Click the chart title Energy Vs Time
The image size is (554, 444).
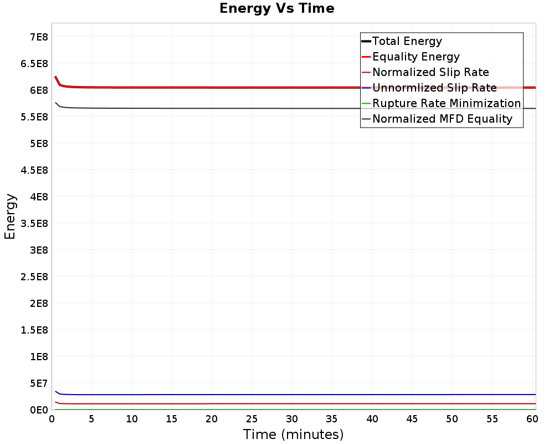tap(277, 9)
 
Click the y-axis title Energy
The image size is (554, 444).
tap(9, 216)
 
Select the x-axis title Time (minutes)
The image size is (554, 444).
tap(293, 434)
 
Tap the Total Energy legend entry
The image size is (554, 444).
tap(407, 41)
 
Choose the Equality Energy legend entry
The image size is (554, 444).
tap(416, 57)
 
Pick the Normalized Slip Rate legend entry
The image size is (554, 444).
tap(430, 72)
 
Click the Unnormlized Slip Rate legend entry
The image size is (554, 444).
tap(434, 88)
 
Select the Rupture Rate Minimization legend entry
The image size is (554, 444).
tap(447, 103)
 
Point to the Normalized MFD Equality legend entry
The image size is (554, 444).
tap(442, 119)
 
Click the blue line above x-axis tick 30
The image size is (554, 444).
tap(292, 395)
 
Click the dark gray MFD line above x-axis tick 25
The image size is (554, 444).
tap(252, 108)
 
